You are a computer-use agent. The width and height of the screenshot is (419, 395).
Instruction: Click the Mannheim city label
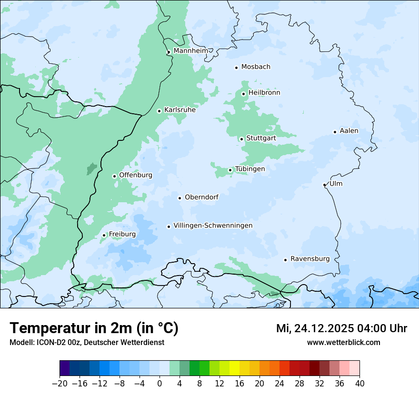click(190, 50)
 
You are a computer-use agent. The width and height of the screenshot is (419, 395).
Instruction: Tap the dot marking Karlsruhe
click(160, 111)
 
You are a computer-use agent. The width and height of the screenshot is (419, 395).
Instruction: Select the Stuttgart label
click(261, 138)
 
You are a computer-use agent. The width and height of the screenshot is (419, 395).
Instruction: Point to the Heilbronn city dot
click(243, 94)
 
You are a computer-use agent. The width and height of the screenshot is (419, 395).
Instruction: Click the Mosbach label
click(256, 67)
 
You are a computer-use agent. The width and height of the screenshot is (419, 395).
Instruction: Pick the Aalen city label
click(349, 131)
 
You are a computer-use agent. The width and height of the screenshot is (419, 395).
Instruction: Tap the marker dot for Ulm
click(324, 185)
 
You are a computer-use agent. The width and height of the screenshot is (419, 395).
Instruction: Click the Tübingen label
click(250, 169)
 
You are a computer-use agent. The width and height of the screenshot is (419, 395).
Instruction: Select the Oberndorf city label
click(201, 197)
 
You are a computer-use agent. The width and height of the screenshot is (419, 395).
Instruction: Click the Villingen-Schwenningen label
click(213, 226)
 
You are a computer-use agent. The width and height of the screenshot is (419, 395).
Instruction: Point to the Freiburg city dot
click(104, 235)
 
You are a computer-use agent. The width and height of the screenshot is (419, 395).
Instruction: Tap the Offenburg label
click(136, 175)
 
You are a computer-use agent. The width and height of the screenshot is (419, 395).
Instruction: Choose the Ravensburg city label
click(310, 259)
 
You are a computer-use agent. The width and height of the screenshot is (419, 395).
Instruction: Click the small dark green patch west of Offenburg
click(91, 168)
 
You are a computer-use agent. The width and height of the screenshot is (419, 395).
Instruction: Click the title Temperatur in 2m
click(94, 328)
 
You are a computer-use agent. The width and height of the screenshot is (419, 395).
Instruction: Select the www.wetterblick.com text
click(343, 342)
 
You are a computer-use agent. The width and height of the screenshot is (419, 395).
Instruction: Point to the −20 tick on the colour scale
click(60, 384)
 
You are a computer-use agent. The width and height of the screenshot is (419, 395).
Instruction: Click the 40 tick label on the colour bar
click(359, 384)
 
